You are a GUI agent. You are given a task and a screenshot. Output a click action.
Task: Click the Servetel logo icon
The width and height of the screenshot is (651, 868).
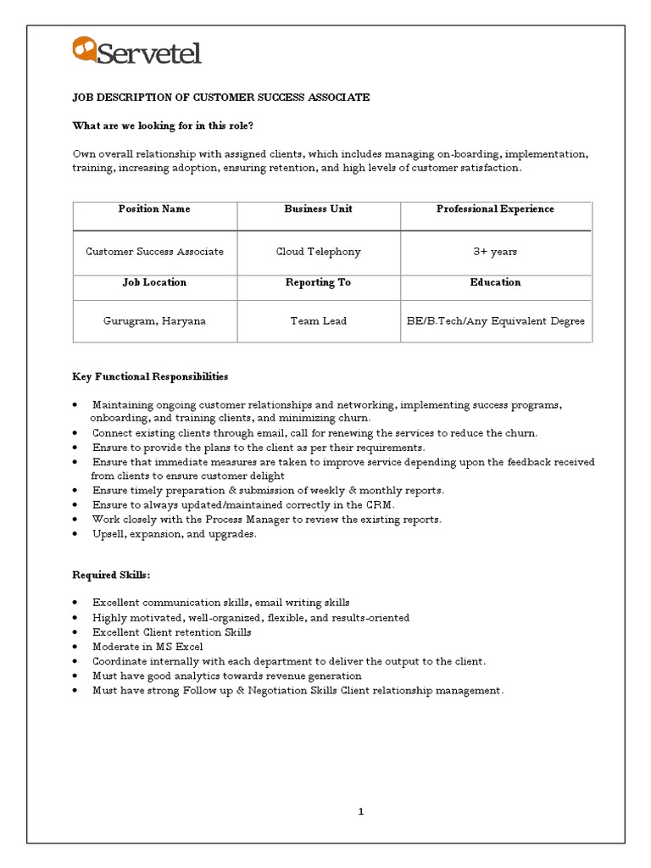(84, 49)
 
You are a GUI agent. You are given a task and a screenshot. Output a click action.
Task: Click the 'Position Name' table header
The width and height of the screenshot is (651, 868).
(154, 209)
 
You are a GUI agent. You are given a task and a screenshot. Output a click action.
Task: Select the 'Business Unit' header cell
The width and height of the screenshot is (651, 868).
(318, 209)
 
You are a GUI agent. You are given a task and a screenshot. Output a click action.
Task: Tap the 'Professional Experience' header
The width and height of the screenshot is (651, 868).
(495, 209)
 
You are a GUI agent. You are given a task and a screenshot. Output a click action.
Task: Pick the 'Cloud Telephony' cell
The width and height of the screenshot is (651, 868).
(318, 252)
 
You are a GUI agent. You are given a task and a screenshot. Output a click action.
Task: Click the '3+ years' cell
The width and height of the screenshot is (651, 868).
(495, 252)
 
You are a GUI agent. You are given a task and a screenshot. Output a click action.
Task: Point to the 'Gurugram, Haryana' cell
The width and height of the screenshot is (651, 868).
(154, 321)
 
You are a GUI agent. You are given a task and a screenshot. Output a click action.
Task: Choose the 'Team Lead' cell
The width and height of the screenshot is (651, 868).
(318, 321)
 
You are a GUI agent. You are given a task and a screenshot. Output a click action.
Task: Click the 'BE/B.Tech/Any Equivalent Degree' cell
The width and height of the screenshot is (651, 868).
(495, 321)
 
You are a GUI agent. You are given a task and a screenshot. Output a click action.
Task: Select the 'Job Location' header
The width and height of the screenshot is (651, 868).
(154, 282)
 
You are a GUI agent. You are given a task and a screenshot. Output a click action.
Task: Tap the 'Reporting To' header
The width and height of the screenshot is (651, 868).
(318, 282)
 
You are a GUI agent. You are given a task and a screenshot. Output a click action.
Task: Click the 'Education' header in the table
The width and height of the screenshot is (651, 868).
(495, 282)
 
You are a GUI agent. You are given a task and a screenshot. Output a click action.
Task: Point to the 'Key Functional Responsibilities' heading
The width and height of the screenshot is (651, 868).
(150, 376)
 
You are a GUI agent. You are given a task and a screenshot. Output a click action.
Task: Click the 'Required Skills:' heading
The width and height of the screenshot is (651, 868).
(111, 576)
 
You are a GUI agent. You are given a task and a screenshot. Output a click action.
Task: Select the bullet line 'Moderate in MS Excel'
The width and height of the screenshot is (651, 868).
(147, 647)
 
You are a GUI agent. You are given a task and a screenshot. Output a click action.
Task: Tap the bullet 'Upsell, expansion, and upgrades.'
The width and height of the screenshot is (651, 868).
(174, 534)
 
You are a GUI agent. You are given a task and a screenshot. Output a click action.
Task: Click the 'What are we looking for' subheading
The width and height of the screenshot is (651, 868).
(163, 125)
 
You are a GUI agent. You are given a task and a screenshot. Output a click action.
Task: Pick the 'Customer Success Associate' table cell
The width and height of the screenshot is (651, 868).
(154, 252)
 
